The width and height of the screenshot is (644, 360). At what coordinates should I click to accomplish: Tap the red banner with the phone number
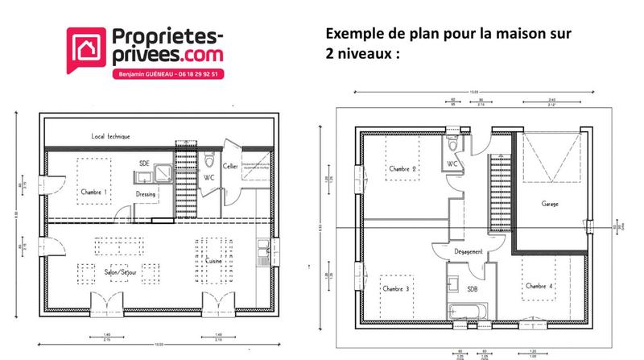(168, 72)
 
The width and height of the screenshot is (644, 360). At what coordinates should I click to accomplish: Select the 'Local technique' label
(110, 137)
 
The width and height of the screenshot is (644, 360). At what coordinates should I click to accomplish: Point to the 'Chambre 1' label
(94, 192)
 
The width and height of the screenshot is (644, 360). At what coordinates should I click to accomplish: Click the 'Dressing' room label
(146, 194)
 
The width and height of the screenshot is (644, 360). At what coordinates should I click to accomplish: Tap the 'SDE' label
(144, 163)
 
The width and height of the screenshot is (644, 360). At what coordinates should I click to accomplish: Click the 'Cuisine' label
(213, 262)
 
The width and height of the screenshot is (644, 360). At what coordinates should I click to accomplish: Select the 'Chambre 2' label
(402, 169)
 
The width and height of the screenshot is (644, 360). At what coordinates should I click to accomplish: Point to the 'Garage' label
(550, 204)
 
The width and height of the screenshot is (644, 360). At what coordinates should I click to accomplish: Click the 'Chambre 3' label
(396, 288)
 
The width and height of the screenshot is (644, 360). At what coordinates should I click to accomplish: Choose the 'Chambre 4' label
(539, 286)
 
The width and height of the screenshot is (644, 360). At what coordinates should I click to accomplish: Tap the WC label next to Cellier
(208, 177)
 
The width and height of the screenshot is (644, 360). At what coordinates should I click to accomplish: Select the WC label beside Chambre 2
(453, 165)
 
